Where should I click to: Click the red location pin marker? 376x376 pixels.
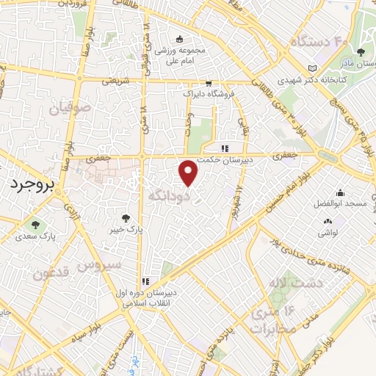[x=189, y=173]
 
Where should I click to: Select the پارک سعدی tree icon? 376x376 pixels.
[x=35, y=225]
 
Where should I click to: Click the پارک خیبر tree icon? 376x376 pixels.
[x=126, y=217]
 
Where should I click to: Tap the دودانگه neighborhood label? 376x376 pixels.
[x=170, y=197]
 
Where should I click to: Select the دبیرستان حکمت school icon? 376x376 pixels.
[x=214, y=148]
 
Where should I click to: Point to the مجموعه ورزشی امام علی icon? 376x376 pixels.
[x=179, y=39]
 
